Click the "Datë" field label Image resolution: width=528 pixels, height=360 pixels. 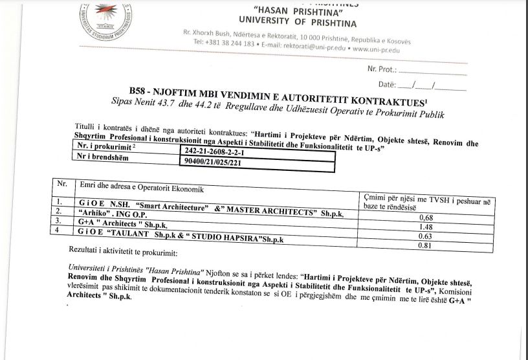click(x=387, y=85)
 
